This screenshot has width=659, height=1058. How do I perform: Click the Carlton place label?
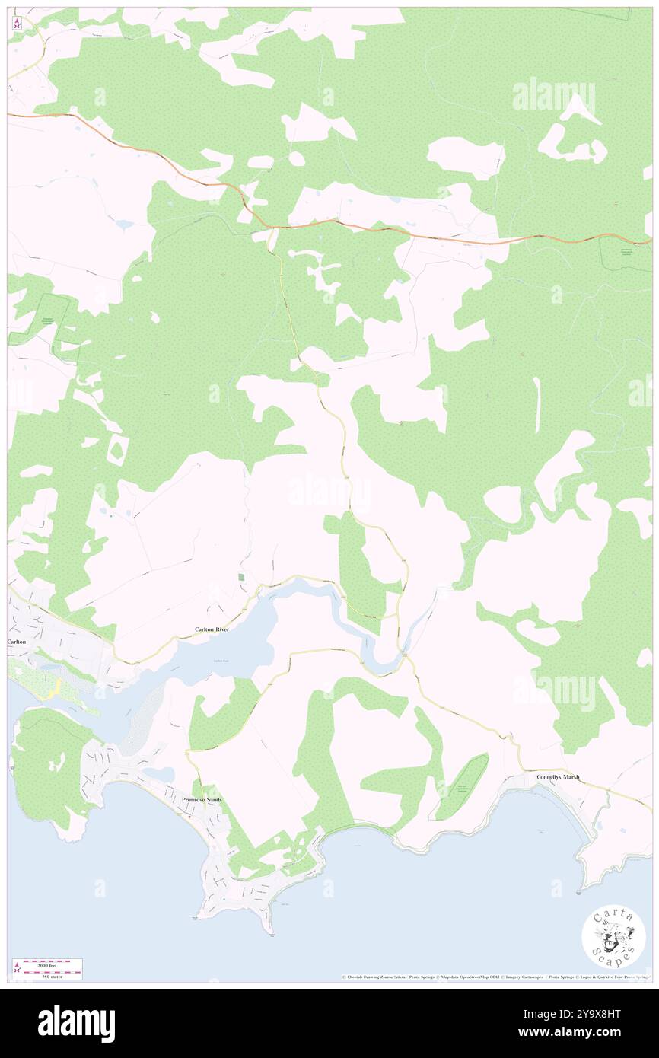click(17, 642)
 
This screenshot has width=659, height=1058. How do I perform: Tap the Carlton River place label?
click(212, 630)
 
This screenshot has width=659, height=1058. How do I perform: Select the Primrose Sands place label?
click(201, 800)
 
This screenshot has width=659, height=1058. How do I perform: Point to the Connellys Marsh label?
click(558, 777)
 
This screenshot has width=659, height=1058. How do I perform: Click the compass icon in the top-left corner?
click(17, 24)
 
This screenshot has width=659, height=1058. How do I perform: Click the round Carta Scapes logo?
click(613, 938)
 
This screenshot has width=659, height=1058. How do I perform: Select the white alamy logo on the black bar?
click(76, 1024)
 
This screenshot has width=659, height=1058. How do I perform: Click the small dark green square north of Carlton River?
click(242, 578)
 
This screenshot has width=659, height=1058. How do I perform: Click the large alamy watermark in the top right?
click(553, 97)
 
